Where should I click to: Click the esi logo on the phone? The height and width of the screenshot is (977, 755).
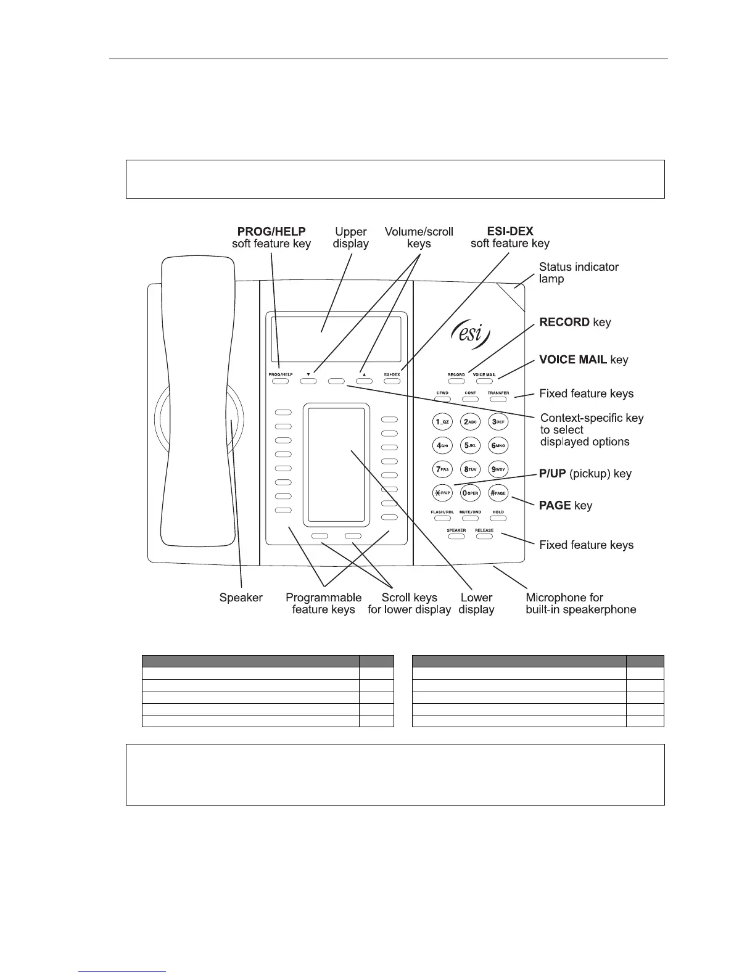472,336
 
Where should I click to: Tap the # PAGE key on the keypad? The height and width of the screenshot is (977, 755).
498,493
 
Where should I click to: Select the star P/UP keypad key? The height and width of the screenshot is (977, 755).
443,493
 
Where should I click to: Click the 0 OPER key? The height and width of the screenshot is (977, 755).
471,493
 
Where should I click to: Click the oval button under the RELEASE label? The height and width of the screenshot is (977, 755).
484,537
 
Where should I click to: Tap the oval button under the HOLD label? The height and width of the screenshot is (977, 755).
498,518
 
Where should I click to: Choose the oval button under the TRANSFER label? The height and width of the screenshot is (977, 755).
498,399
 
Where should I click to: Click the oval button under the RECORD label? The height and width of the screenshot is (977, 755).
456,381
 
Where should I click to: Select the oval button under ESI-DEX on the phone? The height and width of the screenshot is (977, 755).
392,381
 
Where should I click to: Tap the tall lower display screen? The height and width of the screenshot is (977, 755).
336,464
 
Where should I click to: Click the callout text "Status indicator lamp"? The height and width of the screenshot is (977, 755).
578,273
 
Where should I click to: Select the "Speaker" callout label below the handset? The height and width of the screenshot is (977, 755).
241,598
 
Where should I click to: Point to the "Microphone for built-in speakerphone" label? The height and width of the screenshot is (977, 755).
580,603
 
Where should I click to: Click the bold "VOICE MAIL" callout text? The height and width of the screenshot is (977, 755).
573,360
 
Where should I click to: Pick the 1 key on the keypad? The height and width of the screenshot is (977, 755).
443,422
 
